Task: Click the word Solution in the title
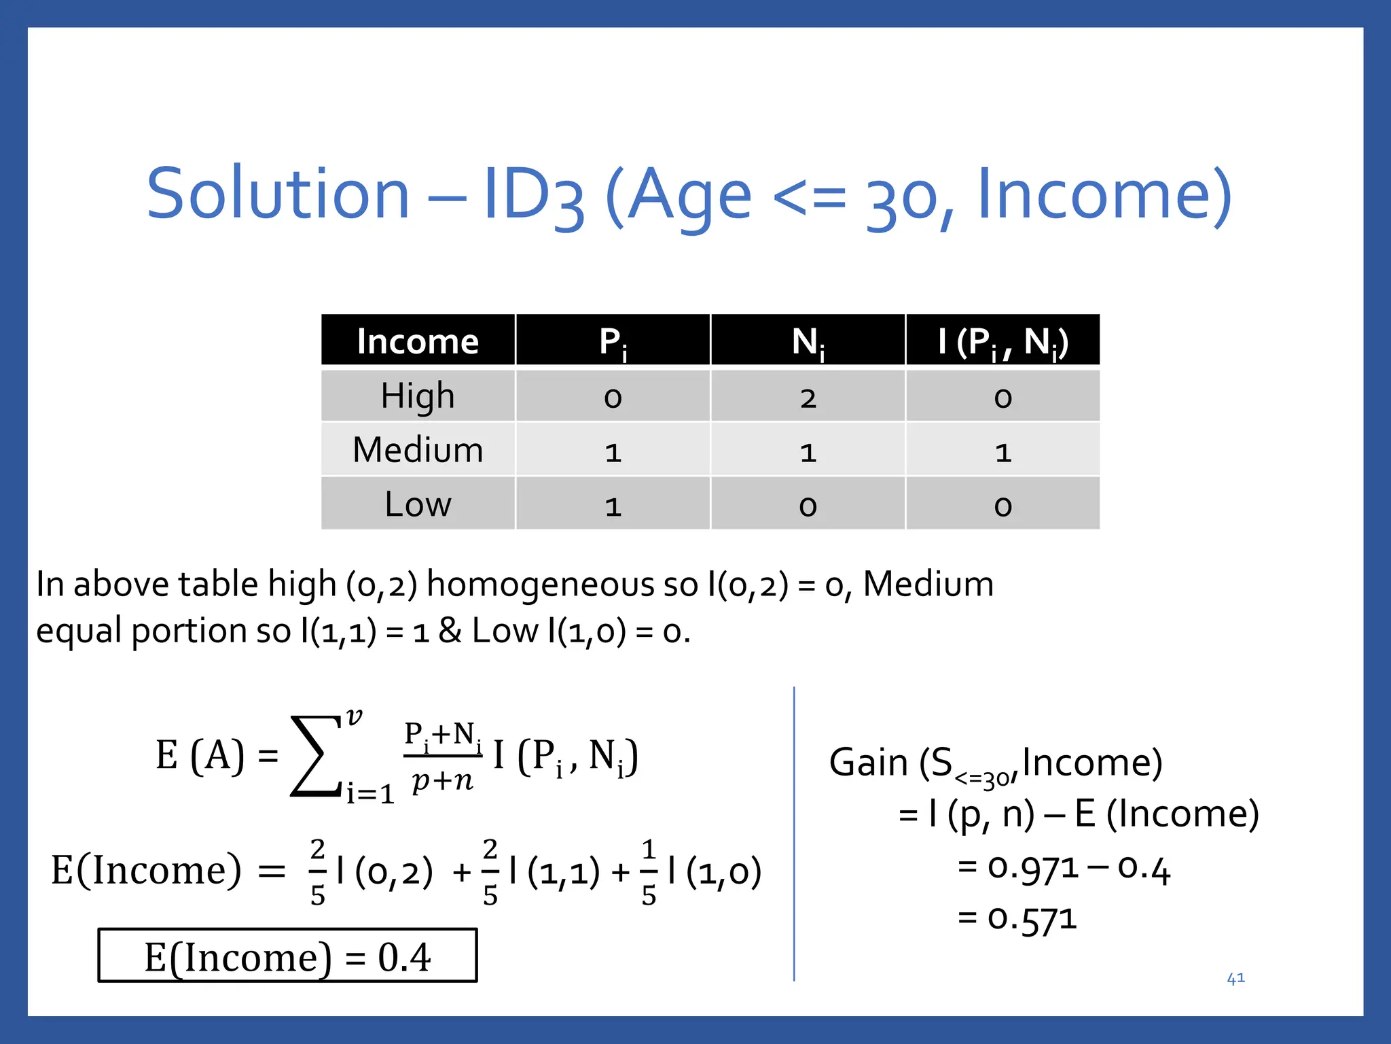coord(278,194)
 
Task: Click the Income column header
coord(418,341)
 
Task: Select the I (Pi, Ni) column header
coord(1002,341)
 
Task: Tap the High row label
coord(418,396)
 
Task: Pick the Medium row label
coord(418,450)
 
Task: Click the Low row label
coord(418,504)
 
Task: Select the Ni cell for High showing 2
coord(808,397)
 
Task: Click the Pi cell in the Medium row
coord(613,451)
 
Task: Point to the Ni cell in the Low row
coord(808,506)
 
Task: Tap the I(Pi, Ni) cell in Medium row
coord(1002,451)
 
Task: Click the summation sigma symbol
coord(317,756)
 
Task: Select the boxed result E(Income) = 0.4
coord(287,956)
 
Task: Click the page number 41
coord(1235,978)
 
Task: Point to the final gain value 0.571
coord(1032,919)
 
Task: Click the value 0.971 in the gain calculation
coord(1032,868)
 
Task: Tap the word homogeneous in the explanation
coord(562,585)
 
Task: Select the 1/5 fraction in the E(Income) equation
coord(649,873)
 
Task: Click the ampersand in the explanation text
coord(450,631)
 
